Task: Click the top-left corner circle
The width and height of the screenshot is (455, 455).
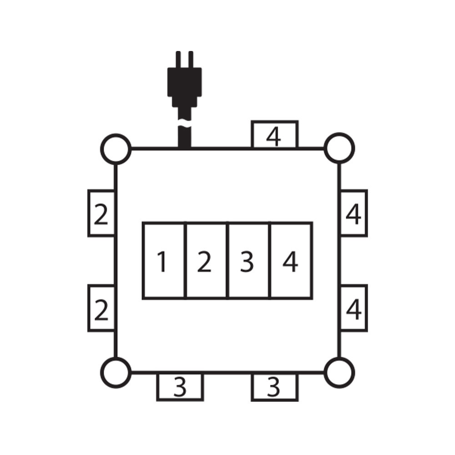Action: pyautogui.click(x=116, y=149)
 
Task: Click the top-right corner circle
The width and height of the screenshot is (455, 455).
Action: pyautogui.click(x=339, y=148)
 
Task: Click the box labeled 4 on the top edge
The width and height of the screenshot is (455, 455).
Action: pyautogui.click(x=274, y=135)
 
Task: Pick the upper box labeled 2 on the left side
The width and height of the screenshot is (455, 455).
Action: pyautogui.click(x=101, y=213)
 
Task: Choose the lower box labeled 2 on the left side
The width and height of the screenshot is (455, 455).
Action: pyautogui.click(x=101, y=308)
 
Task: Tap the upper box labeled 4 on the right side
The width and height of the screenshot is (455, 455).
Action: pyautogui.click(x=354, y=213)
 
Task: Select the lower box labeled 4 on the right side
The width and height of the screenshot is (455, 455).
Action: pyautogui.click(x=354, y=308)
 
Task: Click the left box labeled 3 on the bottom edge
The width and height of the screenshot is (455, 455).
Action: pyautogui.click(x=180, y=387)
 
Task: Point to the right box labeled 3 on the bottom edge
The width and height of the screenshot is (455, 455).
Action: pyautogui.click(x=274, y=387)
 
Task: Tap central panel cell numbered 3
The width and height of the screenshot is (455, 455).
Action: pyautogui.click(x=248, y=261)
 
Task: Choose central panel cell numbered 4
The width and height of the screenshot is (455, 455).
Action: pyautogui.click(x=291, y=261)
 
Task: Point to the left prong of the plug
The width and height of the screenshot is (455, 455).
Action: pyautogui.click(x=178, y=59)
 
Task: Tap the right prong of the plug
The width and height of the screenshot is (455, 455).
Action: pyautogui.click(x=191, y=59)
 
